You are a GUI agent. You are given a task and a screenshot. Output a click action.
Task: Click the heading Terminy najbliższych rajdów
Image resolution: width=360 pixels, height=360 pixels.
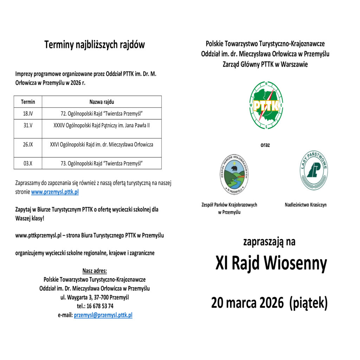coord(95,45)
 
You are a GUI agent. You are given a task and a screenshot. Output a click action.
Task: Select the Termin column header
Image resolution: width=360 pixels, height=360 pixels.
coord(28,102)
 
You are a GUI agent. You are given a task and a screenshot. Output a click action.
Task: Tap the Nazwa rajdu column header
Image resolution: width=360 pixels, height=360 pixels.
coord(102,102)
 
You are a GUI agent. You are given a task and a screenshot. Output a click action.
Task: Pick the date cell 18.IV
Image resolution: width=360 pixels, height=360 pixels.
coord(28,114)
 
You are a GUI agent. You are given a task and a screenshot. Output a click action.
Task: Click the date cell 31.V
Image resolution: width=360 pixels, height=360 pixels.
coord(28,125)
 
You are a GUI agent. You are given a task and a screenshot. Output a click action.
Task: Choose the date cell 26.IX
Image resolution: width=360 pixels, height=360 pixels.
coord(28,144)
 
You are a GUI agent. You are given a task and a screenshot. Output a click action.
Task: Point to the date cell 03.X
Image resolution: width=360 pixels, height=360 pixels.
coord(28,163)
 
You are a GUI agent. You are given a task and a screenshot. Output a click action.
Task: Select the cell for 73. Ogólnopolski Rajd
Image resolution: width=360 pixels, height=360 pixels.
coord(102,163)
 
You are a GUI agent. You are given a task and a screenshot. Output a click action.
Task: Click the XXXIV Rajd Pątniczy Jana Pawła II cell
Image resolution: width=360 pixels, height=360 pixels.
coord(102,125)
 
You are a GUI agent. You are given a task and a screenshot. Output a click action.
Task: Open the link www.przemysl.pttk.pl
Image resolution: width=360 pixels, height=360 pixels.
coord(55,192)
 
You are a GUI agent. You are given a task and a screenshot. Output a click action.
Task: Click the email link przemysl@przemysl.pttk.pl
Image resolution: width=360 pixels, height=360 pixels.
coord(103,315)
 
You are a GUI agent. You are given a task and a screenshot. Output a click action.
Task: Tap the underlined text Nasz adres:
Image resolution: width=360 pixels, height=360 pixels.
coord(95,271)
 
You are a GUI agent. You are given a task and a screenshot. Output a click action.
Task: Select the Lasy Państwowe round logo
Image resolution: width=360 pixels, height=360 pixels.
coord(314,170)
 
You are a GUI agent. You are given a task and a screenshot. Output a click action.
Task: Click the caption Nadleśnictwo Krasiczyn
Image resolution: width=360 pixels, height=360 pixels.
coord(305,205)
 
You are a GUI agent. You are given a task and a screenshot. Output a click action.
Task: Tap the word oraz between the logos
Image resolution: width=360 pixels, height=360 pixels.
coord(265,145)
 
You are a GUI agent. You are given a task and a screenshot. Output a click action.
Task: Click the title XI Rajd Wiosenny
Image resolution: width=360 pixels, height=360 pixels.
coord(271,264)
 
